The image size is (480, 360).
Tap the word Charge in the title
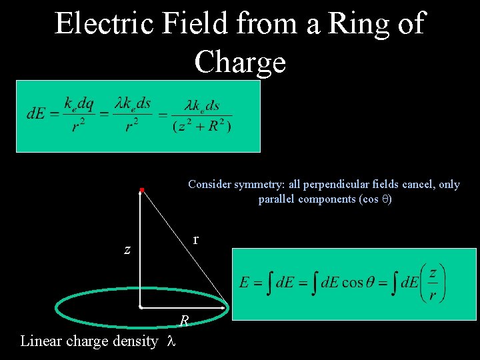(x=240, y=62)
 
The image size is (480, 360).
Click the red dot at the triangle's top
(x=142, y=191)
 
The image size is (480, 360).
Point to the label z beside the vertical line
(x=127, y=251)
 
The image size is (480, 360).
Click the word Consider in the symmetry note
(x=209, y=185)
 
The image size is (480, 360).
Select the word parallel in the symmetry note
(x=279, y=199)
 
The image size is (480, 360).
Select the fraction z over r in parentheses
(x=433, y=283)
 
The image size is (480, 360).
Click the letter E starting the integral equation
(x=244, y=283)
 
